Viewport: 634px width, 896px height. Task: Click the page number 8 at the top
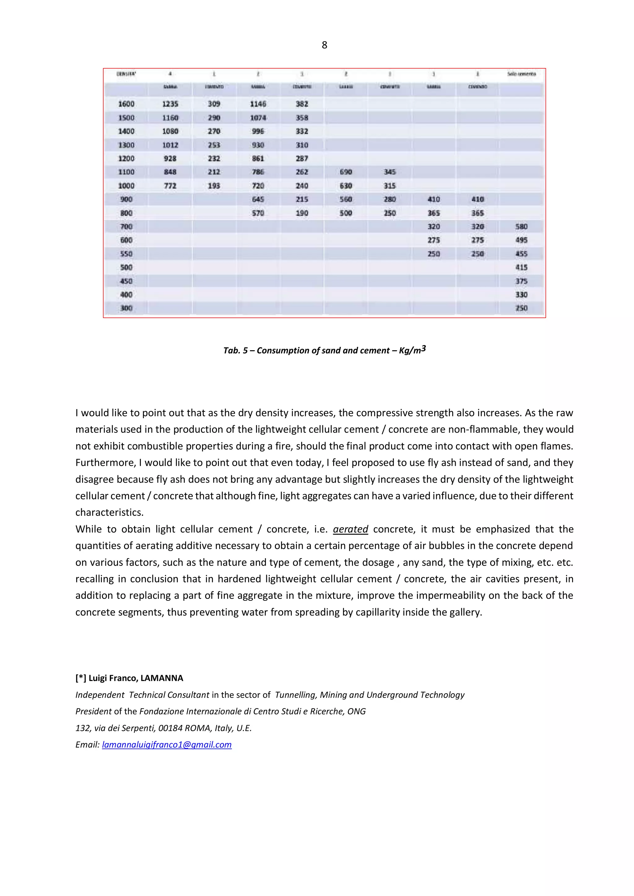(x=324, y=45)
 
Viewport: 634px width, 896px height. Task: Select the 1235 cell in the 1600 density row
(x=170, y=104)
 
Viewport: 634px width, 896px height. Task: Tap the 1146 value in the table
(x=258, y=104)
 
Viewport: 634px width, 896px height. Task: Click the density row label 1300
(x=126, y=145)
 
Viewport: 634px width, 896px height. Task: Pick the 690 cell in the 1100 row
(x=346, y=172)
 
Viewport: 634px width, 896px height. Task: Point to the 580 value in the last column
(x=521, y=227)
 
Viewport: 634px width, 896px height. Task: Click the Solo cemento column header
(x=521, y=74)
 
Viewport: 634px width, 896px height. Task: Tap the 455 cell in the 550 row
(x=521, y=254)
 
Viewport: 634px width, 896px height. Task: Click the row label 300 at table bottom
(x=126, y=308)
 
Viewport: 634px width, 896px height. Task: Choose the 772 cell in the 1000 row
(x=170, y=186)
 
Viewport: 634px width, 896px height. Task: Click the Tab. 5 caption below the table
(x=324, y=350)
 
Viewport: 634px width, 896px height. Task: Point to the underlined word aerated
(x=350, y=529)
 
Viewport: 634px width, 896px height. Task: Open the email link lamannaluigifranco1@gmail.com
(x=167, y=745)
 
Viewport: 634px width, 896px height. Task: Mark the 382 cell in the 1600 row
(x=302, y=104)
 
